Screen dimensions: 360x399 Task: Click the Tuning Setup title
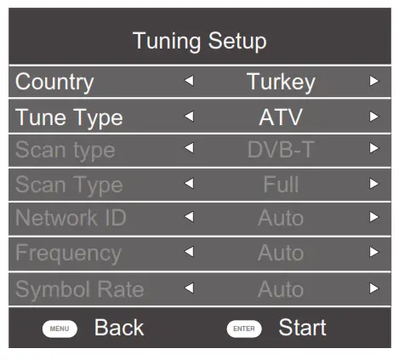click(x=199, y=41)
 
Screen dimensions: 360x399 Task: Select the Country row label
click(x=54, y=83)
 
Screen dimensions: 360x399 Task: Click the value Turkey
click(x=281, y=83)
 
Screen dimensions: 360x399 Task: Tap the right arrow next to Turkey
click(x=373, y=82)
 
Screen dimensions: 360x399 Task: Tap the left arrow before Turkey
click(x=189, y=82)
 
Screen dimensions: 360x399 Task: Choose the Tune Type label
click(x=69, y=117)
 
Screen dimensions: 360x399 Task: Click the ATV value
click(x=281, y=117)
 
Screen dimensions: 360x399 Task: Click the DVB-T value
click(x=281, y=151)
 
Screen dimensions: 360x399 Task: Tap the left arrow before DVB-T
click(x=189, y=149)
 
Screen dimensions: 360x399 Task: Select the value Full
click(x=281, y=185)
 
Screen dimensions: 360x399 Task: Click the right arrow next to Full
click(x=373, y=183)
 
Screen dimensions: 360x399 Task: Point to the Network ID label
click(x=71, y=218)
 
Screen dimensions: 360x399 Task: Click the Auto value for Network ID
click(x=281, y=219)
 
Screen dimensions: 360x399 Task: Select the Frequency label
click(x=68, y=253)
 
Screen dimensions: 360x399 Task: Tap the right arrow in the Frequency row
click(x=373, y=252)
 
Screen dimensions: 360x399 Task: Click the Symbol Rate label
click(x=79, y=289)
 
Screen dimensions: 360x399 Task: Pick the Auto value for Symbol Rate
click(x=281, y=289)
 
